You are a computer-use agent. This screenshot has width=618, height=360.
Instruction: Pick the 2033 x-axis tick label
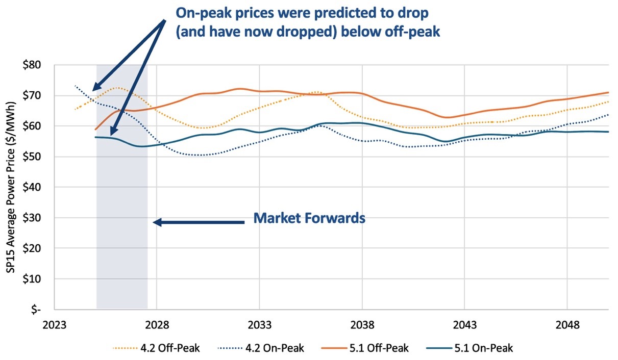tap(259, 325)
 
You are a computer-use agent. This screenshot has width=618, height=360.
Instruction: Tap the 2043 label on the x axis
tap(464, 325)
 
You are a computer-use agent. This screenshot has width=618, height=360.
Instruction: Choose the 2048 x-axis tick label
tap(567, 325)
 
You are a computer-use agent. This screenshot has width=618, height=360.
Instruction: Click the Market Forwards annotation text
tap(309, 218)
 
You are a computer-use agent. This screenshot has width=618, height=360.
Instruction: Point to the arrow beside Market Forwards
tap(199, 222)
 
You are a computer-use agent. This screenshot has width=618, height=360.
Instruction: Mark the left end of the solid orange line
tap(95, 129)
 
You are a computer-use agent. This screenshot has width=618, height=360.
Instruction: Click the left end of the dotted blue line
tap(75, 86)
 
